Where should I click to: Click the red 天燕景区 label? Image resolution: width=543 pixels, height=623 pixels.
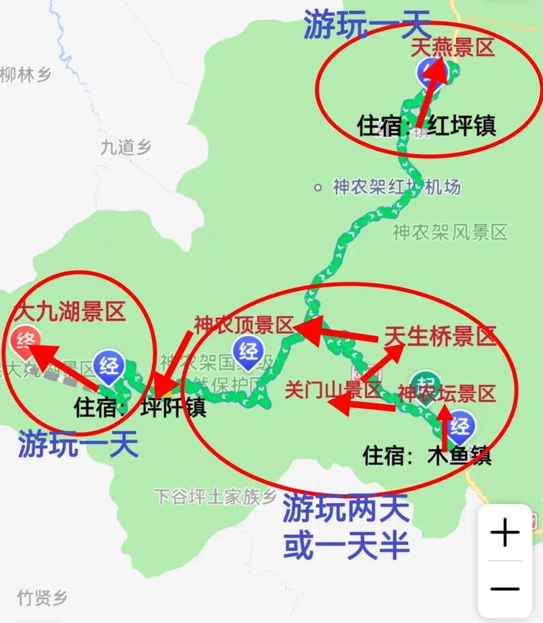[453, 48]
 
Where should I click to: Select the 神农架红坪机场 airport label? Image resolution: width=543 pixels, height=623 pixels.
[396, 187]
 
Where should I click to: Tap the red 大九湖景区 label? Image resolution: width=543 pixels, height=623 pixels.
[70, 312]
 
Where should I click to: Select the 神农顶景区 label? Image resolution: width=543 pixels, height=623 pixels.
[242, 326]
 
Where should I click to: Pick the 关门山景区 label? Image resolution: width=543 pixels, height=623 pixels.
[333, 390]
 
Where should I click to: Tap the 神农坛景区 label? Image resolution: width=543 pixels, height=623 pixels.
[447, 392]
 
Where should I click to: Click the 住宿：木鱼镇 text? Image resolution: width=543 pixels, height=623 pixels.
[427, 455]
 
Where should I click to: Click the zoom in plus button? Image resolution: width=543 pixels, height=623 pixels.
[505, 534]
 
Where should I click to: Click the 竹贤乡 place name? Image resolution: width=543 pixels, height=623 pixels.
[43, 598]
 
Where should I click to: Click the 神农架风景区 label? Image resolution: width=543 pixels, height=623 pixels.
[449, 233]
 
